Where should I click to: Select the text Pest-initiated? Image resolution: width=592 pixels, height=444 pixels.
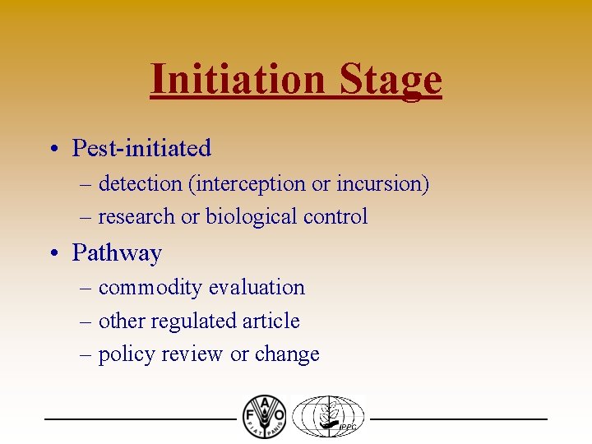(141, 149)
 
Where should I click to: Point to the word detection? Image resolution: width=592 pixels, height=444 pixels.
(141, 183)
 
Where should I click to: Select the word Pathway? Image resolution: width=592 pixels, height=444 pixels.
(117, 253)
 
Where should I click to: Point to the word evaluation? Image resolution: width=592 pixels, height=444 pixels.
(257, 288)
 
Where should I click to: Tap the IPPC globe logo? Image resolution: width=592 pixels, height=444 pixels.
(328, 417)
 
